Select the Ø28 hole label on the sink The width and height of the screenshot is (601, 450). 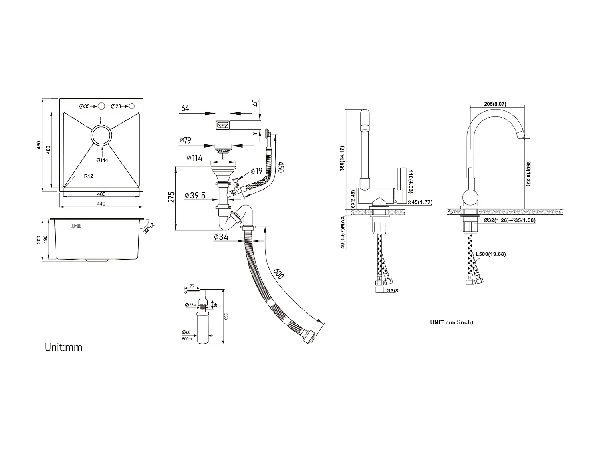pyautogui.click(x=116, y=106)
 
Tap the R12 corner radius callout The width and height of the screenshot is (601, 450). pyautogui.click(x=89, y=176)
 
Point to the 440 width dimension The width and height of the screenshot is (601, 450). pyautogui.click(x=101, y=204)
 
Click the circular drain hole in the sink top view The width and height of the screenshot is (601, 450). pyautogui.click(x=101, y=136)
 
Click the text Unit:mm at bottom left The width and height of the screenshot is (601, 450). pyautogui.click(x=63, y=347)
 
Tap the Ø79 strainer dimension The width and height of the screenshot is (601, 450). pyautogui.click(x=186, y=140)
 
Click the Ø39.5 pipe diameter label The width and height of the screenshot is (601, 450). pyautogui.click(x=195, y=196)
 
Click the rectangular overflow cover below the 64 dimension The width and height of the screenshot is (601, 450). pyautogui.click(x=222, y=126)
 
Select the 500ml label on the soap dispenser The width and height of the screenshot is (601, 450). pyautogui.click(x=187, y=338)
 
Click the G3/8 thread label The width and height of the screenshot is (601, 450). pyautogui.click(x=392, y=290)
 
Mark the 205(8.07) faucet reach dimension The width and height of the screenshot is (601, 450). pyautogui.click(x=495, y=104)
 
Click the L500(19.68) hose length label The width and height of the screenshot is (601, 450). pyautogui.click(x=490, y=254)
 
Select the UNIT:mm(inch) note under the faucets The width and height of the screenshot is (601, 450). pyautogui.click(x=451, y=322)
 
